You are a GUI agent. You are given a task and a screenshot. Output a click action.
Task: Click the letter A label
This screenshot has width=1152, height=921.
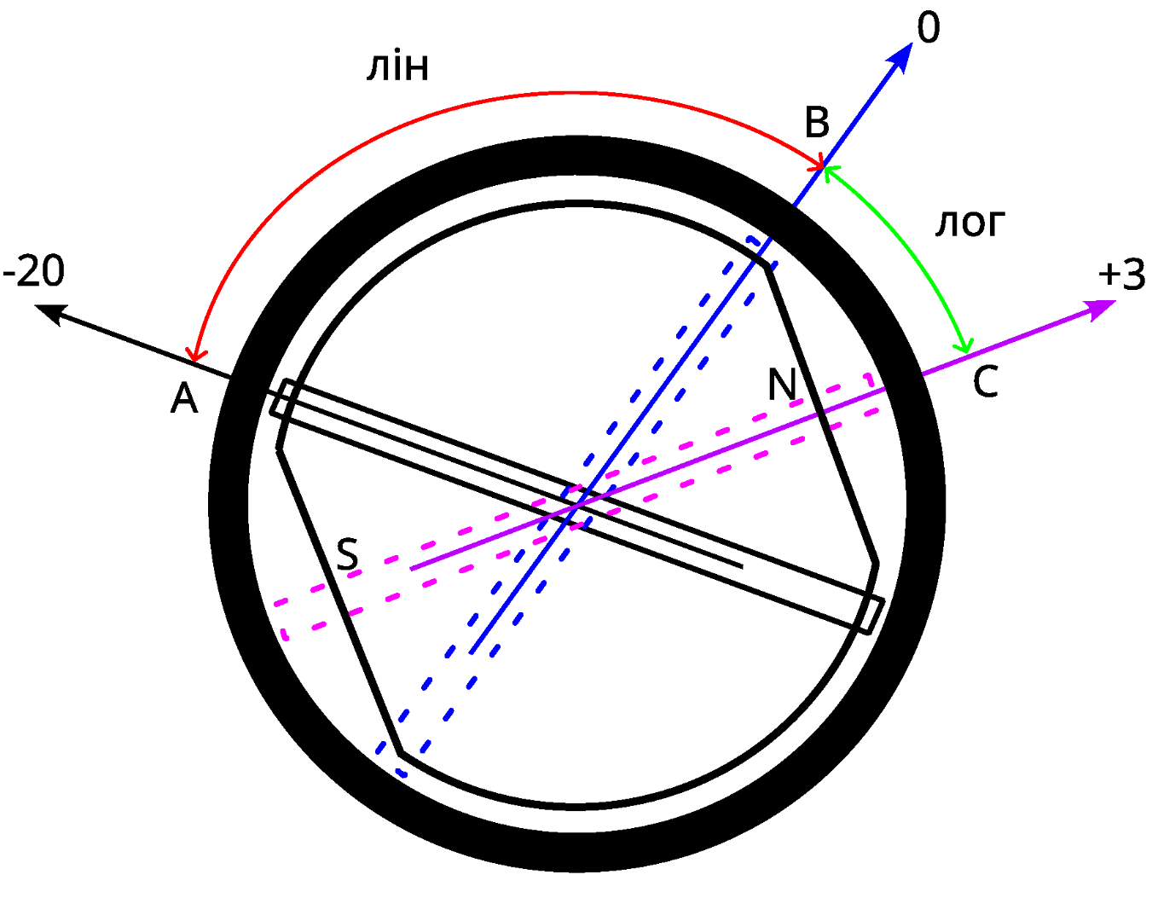(x=184, y=398)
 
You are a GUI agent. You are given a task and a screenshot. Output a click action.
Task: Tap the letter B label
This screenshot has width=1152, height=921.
(x=817, y=123)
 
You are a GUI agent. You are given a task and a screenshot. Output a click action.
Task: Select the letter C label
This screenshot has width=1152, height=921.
(x=985, y=382)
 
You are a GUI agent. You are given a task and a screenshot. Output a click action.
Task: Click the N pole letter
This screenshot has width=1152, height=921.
(x=782, y=385)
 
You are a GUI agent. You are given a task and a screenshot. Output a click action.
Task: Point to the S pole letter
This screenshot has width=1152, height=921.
(x=347, y=555)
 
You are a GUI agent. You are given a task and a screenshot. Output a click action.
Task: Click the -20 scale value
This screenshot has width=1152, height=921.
(x=34, y=272)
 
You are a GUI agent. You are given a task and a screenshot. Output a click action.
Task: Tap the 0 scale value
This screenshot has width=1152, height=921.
(x=929, y=28)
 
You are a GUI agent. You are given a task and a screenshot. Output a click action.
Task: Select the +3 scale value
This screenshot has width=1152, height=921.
(x=1121, y=275)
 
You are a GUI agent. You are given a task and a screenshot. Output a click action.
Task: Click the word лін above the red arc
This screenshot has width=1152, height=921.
(x=397, y=67)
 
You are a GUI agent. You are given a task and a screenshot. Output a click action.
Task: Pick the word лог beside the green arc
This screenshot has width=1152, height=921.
(x=970, y=223)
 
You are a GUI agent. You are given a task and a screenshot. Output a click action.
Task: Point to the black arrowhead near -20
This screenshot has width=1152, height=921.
(x=49, y=313)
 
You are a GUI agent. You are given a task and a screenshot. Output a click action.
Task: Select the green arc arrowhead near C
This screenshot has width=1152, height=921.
(x=964, y=345)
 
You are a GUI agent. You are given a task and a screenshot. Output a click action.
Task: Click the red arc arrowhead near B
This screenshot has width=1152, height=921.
(x=819, y=163)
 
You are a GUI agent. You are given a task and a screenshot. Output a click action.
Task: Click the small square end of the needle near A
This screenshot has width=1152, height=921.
(x=283, y=398)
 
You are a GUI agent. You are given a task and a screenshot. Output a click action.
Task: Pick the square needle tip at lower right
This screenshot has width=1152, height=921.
(x=870, y=615)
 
